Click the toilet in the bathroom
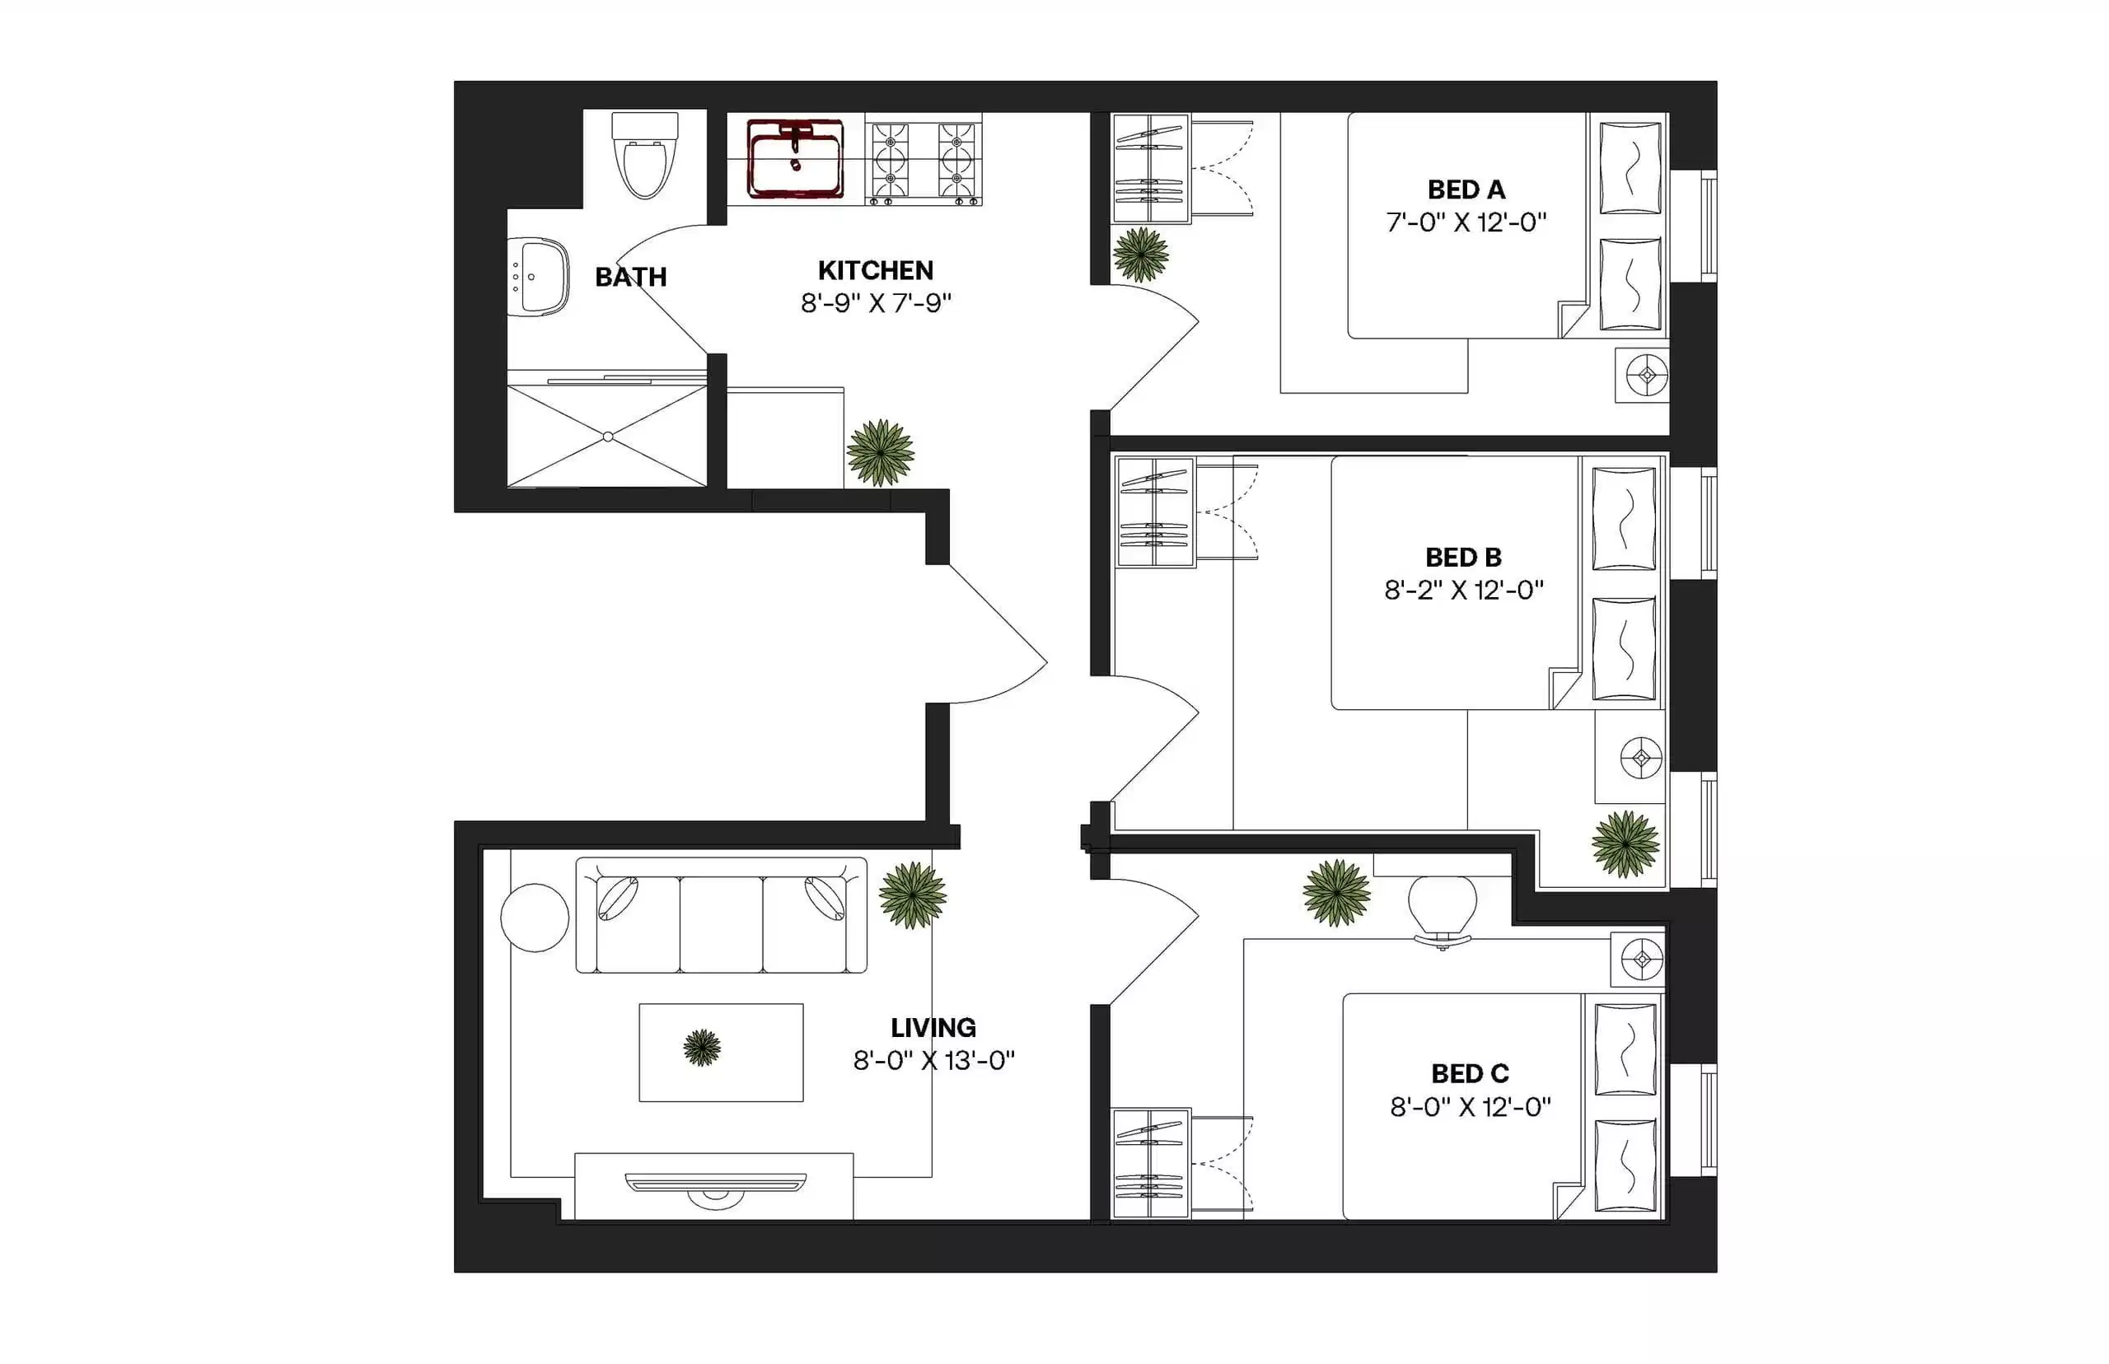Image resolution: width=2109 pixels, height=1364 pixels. point(644,156)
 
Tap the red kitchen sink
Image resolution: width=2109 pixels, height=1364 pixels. point(794,160)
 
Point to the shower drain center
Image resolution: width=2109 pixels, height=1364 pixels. point(608,437)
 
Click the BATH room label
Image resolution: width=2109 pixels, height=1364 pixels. point(631,278)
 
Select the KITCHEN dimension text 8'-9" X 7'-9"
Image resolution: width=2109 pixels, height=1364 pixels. point(875,303)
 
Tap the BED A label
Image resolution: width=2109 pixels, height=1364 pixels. point(1466,189)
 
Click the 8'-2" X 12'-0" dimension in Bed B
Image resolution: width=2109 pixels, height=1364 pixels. point(1463,590)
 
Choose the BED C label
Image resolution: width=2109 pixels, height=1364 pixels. point(1470,1073)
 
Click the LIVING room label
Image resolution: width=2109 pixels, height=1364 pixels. point(933,1027)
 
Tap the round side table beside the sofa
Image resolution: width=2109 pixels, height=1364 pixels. point(534,918)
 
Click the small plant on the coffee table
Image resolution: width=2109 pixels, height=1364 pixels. point(702,1048)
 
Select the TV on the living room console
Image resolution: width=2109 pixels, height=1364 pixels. point(715,1185)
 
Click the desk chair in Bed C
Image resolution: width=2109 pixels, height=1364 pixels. point(1442,908)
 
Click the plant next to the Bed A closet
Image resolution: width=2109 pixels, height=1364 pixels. point(1140,255)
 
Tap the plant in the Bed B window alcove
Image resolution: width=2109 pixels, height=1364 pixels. point(1625,844)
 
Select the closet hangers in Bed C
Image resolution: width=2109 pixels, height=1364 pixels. point(1149,1163)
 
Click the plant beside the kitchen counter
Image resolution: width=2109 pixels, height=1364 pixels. point(880,452)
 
